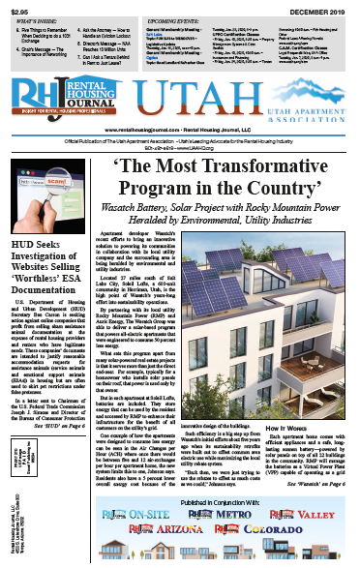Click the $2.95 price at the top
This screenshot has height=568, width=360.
(17, 9)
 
